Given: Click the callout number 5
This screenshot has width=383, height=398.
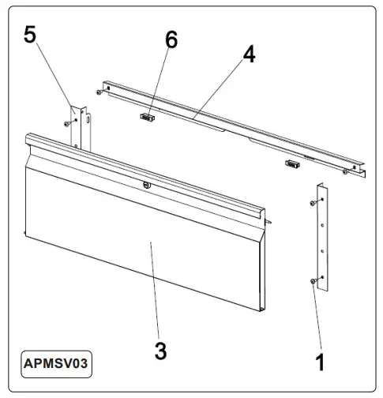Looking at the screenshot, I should tap(30, 35).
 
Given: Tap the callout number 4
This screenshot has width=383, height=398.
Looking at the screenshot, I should tap(249, 55).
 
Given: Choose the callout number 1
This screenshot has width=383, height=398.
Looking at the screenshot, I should tap(320, 362).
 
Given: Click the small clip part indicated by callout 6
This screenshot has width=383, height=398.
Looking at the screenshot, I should tap(146, 117).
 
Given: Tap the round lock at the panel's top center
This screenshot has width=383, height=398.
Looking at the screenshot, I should tap(146, 185).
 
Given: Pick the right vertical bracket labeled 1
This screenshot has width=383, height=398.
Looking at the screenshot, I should tap(321, 237).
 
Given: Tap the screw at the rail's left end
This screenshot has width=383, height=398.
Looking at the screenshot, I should tap(97, 92).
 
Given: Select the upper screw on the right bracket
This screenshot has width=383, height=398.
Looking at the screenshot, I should tap(314, 205).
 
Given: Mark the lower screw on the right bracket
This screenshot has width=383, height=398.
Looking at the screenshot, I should tap(314, 280).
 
